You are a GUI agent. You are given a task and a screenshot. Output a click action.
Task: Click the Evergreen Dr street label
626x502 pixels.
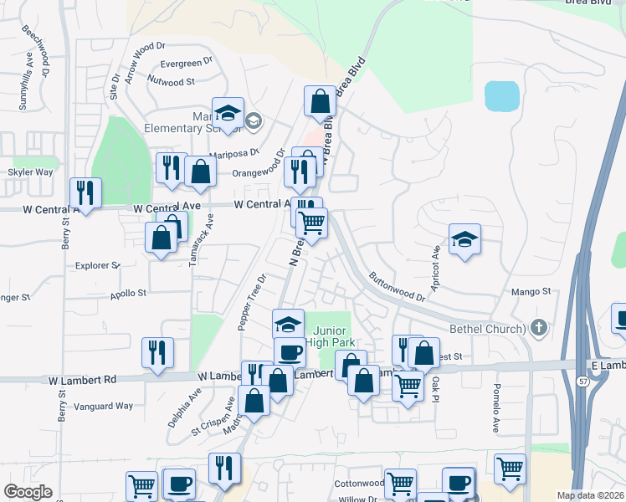[182, 64]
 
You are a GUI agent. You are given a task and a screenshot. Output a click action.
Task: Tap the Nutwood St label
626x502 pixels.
[171, 82]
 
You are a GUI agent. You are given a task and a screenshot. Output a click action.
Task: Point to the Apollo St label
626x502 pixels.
[128, 294]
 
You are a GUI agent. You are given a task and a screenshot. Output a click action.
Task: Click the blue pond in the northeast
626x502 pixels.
[501, 96]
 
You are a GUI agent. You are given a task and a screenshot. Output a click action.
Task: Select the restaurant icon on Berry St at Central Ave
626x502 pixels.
[85, 192]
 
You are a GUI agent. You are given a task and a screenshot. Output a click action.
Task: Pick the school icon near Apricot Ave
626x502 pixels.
[464, 239]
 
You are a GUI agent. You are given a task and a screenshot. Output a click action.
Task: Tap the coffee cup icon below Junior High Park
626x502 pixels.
[290, 352]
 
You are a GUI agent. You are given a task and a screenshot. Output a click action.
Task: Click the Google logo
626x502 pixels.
[28, 492]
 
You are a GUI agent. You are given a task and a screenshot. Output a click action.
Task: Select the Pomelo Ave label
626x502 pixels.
[495, 408]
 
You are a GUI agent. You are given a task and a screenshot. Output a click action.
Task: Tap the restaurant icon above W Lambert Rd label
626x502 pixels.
[156, 353]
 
